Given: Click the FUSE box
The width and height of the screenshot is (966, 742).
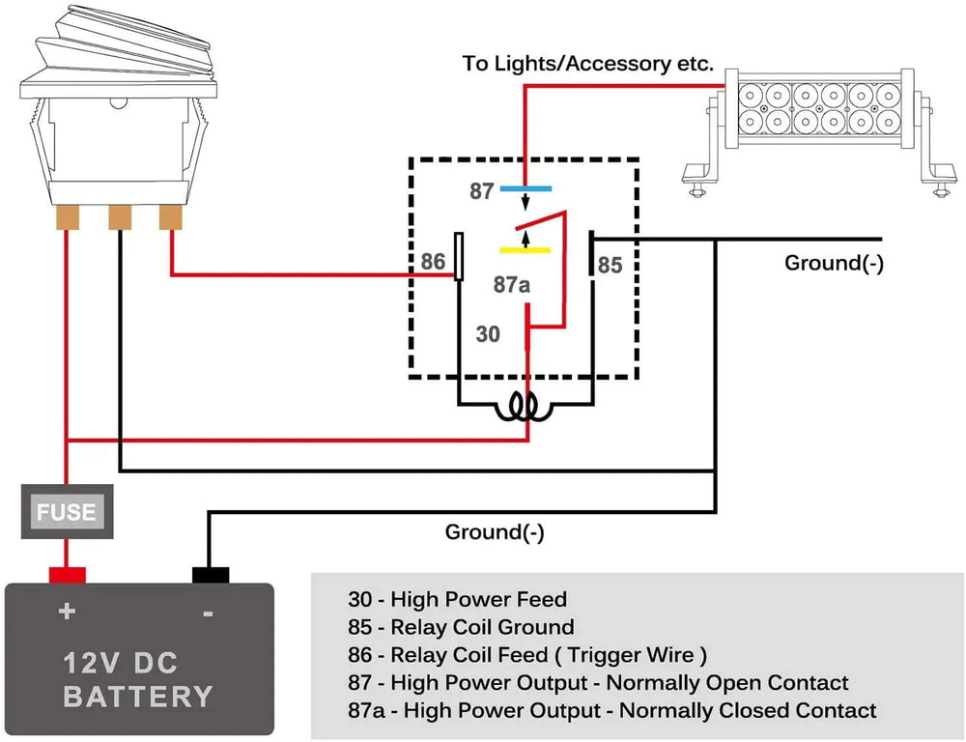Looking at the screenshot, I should pos(67,511).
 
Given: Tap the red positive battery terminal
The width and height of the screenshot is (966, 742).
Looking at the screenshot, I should pos(67,576).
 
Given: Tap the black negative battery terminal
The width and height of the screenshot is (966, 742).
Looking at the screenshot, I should pos(211,576).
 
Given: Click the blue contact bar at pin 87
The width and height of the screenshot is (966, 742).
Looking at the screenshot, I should pos(526,189).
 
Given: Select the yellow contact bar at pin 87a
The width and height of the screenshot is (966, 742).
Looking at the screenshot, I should pos(525,250).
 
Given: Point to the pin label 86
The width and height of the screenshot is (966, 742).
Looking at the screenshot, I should pos(433,262).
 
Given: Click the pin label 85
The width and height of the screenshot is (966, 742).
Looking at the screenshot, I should pos(610,264).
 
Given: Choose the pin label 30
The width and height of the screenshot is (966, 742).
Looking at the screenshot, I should pos(489,334).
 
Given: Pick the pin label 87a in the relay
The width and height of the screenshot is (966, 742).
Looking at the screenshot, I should pos(513,285).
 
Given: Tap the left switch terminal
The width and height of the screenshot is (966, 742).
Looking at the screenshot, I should pos(67,217).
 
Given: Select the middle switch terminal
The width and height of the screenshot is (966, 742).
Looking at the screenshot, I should pos(119,217).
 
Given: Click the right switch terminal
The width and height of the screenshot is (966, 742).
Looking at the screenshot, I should pos(171,217).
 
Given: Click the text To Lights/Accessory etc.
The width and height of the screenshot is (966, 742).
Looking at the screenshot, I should pos(587,65).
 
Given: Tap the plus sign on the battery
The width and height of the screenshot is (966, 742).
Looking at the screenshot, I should pos(67,611).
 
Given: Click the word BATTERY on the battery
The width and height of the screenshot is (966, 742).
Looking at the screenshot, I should pos(138,696).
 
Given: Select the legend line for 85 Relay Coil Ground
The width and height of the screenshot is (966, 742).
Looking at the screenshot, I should pos(461,627).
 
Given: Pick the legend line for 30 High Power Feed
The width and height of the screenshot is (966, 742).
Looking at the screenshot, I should pos(457,599).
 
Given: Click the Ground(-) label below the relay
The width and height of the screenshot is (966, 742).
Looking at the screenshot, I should pos(495,531).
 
